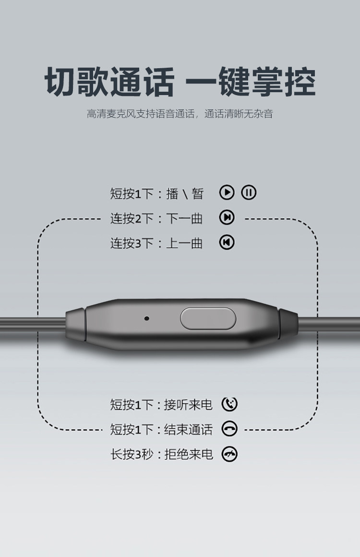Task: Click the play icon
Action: (x=227, y=193)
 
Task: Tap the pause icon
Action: (x=249, y=193)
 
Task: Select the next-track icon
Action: (x=227, y=218)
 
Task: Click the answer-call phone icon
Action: (x=229, y=404)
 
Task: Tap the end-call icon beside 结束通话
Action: (x=229, y=429)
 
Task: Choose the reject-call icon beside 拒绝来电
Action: (x=229, y=454)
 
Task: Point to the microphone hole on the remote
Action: (x=146, y=318)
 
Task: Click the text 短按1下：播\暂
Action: (x=157, y=194)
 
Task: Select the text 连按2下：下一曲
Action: (x=156, y=218)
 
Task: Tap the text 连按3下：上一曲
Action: (x=156, y=243)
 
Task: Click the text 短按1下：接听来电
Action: (x=161, y=405)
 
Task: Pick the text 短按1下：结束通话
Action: (x=161, y=429)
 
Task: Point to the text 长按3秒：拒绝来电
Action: (x=161, y=454)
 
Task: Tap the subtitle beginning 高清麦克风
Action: (x=180, y=114)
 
